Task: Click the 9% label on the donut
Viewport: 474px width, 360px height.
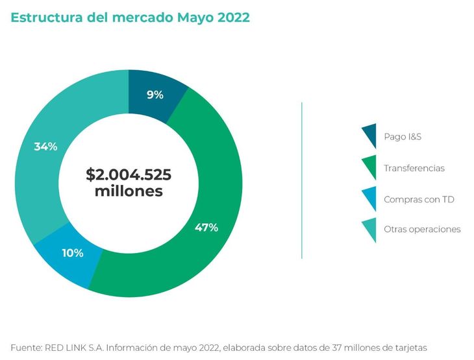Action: [x=155, y=95]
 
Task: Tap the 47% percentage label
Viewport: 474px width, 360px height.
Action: [x=206, y=228]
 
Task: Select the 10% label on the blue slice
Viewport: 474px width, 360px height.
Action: [x=73, y=253]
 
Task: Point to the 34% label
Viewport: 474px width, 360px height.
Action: [x=45, y=147]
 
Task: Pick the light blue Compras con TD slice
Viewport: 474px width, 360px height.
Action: [x=67, y=257]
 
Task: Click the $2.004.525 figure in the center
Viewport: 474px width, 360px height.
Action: [x=129, y=174]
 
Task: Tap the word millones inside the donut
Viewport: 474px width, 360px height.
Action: [x=129, y=191]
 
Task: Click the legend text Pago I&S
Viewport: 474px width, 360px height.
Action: [x=403, y=136]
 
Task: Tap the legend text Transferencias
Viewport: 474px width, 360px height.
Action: [x=414, y=168]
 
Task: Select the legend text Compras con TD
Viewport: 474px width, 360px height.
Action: [x=419, y=199]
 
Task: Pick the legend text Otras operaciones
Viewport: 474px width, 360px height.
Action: [x=422, y=229]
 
